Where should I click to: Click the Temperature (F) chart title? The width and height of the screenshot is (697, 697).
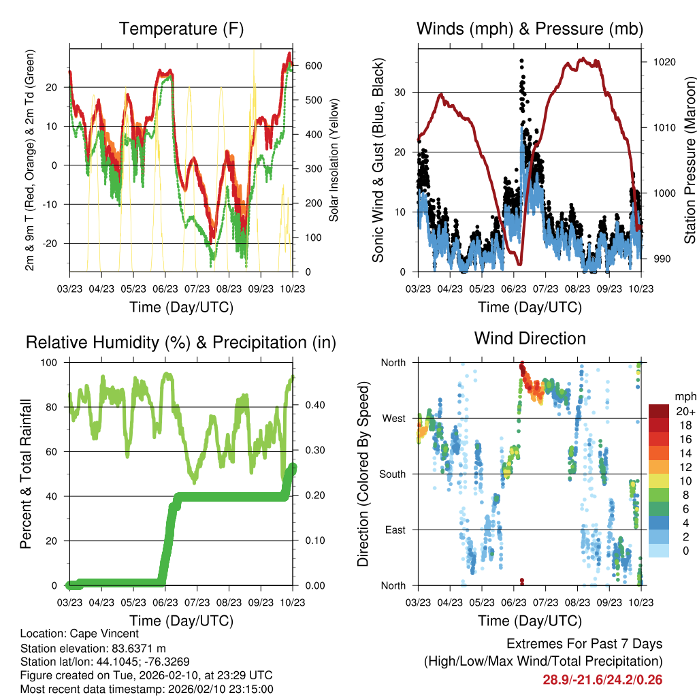(x=181, y=29)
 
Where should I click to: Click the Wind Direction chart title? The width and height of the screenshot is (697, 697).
(x=530, y=338)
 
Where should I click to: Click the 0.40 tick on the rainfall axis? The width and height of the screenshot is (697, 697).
(x=314, y=406)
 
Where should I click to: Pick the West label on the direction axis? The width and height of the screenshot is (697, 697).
(x=393, y=418)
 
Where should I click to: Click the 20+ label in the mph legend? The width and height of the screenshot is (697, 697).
(x=685, y=410)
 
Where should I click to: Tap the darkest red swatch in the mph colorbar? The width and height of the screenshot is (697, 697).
(x=660, y=410)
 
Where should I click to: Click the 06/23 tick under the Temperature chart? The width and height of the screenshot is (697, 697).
(x=165, y=289)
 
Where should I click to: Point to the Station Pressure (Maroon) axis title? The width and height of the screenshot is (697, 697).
(x=690, y=160)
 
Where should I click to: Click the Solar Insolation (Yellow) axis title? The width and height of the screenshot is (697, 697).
(x=334, y=160)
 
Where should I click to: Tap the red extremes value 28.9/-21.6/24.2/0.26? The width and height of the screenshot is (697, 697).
(x=602, y=680)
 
